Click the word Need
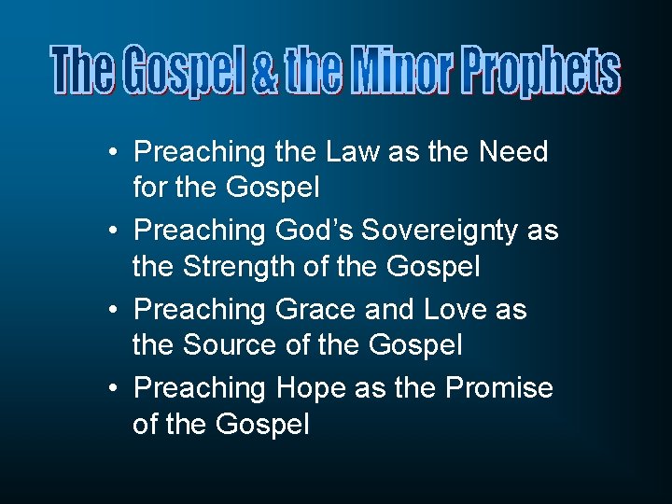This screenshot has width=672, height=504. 513,151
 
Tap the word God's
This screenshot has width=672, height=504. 313,231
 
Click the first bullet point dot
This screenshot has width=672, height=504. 111,153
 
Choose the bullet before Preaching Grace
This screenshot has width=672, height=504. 111,310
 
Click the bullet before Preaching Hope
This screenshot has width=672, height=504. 111,388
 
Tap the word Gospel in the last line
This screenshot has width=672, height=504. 262,425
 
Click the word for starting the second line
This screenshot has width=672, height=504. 149,188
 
